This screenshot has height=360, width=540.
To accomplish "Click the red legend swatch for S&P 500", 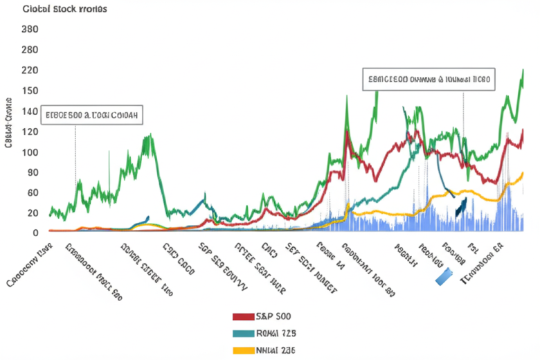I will click(x=243, y=316).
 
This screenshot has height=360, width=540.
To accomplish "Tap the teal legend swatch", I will click(x=243, y=333).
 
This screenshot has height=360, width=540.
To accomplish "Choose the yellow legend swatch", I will click(x=243, y=350).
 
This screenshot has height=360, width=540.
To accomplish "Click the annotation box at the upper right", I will click(x=429, y=80).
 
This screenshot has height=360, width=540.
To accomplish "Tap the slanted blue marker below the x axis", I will click(x=445, y=276).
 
